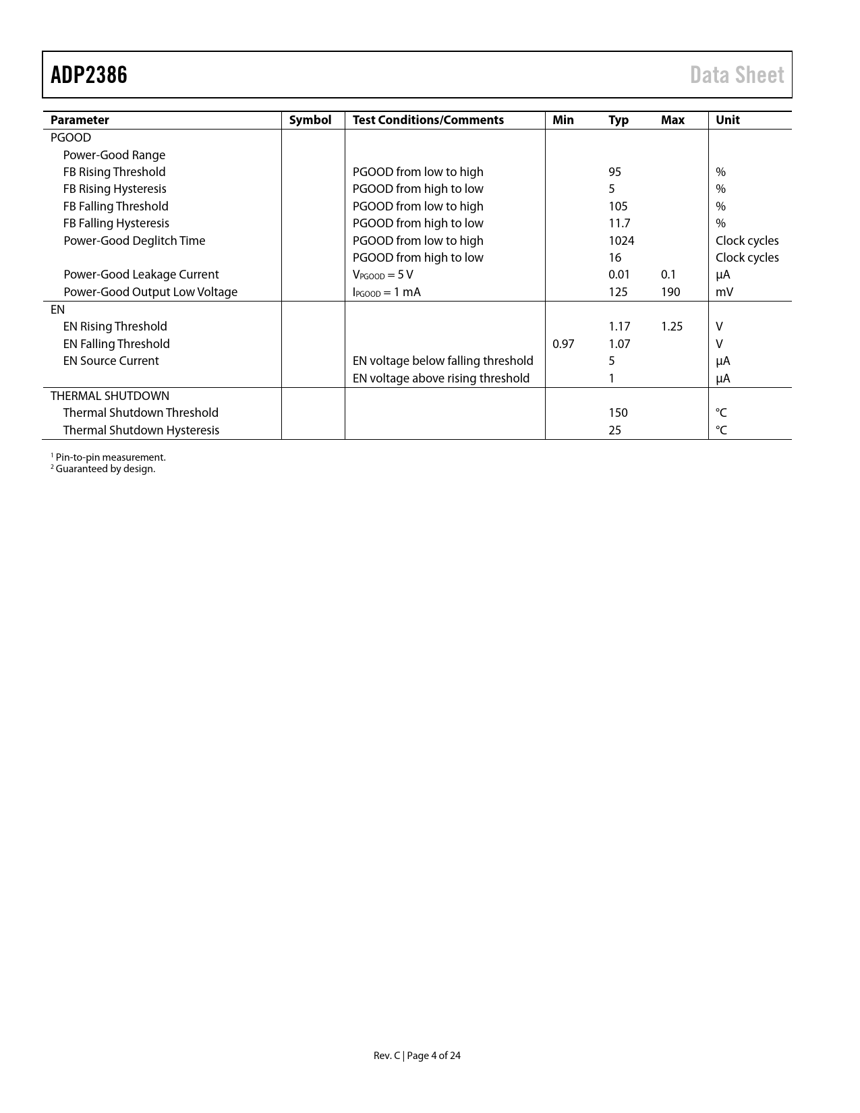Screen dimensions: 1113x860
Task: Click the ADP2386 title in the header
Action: click(x=89, y=75)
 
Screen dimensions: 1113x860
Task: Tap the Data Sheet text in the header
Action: click(x=737, y=75)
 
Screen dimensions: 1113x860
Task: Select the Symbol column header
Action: click(x=310, y=120)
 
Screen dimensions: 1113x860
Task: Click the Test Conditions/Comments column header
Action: click(x=428, y=120)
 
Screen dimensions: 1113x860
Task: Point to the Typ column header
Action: click(x=618, y=120)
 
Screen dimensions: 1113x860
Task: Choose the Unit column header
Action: click(x=727, y=120)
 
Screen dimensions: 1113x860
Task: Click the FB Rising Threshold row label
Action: click(x=114, y=172)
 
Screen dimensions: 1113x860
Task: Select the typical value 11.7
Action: click(x=619, y=223)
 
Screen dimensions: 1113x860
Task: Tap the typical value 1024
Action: click(x=621, y=241)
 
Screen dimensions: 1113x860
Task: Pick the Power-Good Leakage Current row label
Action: click(x=141, y=275)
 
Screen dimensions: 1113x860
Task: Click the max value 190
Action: click(x=670, y=292)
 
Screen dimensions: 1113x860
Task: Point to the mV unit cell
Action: click(x=724, y=292)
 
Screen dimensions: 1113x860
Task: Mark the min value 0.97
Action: click(x=563, y=344)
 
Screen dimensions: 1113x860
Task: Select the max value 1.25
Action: click(x=671, y=326)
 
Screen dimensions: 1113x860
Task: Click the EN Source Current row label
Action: click(x=111, y=361)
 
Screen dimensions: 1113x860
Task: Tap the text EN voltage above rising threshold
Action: click(x=440, y=378)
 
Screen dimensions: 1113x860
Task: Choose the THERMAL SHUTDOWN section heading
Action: click(x=110, y=396)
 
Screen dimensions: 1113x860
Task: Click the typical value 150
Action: click(x=618, y=413)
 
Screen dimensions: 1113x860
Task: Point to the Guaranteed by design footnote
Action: click(x=103, y=469)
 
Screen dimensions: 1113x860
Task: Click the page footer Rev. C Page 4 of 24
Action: click(x=417, y=1056)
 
